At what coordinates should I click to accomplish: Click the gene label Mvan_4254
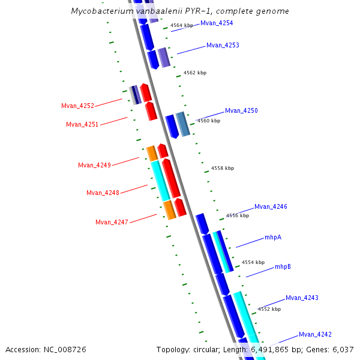pyautogui.click(x=217, y=23)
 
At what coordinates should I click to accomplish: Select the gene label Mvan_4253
pyautogui.click(x=223, y=45)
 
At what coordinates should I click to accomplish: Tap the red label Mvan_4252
pyautogui.click(x=77, y=106)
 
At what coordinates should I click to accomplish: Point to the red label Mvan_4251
pyautogui.click(x=82, y=124)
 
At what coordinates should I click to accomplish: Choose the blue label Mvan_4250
pyautogui.click(x=241, y=110)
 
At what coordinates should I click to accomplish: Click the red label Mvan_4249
pyautogui.click(x=94, y=165)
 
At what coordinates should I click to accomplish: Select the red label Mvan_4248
pyautogui.click(x=103, y=193)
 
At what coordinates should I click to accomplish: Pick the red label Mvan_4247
pyautogui.click(x=112, y=222)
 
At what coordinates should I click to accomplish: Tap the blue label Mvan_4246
pyautogui.click(x=271, y=206)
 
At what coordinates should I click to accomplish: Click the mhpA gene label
pyautogui.click(x=273, y=237)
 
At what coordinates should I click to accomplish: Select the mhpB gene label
pyautogui.click(x=283, y=266)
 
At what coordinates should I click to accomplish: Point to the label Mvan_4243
pyautogui.click(x=302, y=298)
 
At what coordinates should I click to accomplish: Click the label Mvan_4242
pyautogui.click(x=315, y=334)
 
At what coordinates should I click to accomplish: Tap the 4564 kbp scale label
pyautogui.click(x=182, y=26)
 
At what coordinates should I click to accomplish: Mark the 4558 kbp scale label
pyautogui.click(x=223, y=169)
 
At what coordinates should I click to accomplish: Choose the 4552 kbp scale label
pyautogui.click(x=269, y=309)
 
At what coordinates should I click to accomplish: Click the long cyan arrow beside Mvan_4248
pyautogui.click(x=160, y=181)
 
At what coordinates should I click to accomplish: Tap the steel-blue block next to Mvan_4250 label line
pyautogui.click(x=183, y=124)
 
